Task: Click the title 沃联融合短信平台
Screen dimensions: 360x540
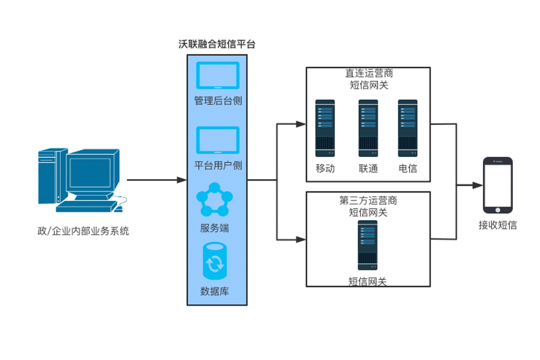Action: [217, 44]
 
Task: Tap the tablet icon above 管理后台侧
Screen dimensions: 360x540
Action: [217, 75]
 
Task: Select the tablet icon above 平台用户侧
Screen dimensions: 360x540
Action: [217, 140]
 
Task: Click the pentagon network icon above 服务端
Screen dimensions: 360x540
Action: [215, 200]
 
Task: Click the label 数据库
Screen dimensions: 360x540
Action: [215, 291]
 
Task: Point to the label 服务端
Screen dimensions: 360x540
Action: [215, 228]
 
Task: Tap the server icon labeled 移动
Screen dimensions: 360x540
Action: [325, 128]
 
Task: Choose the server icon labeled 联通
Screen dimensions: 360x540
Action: [368, 128]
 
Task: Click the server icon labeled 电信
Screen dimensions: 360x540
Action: [408, 128]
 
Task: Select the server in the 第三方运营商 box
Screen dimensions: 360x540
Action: [368, 245]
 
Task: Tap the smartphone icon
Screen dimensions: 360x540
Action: [498, 185]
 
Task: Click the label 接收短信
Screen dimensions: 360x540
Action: [498, 225]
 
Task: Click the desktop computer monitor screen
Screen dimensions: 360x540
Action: [90, 173]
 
